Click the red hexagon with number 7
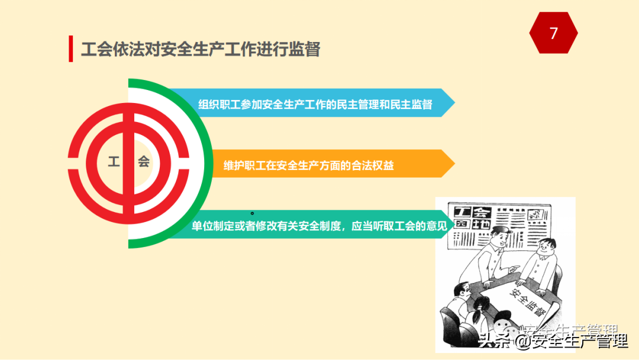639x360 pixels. click(553, 33)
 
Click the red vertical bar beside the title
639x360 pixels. click(70, 49)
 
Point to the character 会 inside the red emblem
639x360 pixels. click(144, 162)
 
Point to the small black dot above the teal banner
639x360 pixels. click(253, 213)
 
